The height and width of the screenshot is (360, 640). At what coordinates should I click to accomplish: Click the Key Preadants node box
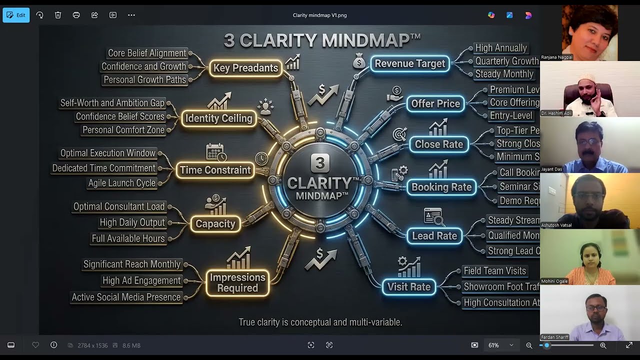click(245, 68)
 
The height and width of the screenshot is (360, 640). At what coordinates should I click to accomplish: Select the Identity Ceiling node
click(218, 118)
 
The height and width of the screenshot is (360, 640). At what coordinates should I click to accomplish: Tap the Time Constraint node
click(215, 170)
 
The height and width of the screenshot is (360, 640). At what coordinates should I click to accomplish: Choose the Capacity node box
click(215, 223)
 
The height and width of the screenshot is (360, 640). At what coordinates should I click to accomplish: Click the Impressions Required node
click(237, 282)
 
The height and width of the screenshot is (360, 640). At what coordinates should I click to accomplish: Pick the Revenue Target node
click(409, 63)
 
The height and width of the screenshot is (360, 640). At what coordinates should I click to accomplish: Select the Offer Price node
click(435, 103)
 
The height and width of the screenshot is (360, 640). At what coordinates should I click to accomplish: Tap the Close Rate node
click(438, 144)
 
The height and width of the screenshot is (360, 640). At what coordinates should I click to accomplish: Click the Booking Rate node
click(441, 187)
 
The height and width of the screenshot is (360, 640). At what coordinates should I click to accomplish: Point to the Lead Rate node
click(434, 235)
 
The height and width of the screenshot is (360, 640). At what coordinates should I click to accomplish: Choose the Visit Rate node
click(408, 287)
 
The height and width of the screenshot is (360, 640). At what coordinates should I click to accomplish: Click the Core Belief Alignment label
click(140, 53)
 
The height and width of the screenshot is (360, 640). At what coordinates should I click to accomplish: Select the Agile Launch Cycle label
click(121, 183)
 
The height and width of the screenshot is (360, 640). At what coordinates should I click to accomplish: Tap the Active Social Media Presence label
click(126, 297)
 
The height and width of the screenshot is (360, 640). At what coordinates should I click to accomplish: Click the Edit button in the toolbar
click(16, 15)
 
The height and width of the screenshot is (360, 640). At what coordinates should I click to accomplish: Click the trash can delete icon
click(58, 15)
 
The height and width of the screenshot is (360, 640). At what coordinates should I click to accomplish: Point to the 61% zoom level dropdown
click(499, 345)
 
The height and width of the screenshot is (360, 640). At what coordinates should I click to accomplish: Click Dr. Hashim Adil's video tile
click(589, 89)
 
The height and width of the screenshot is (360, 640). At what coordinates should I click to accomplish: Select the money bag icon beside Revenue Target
click(358, 61)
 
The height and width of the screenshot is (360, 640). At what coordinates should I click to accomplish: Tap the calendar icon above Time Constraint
click(215, 152)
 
